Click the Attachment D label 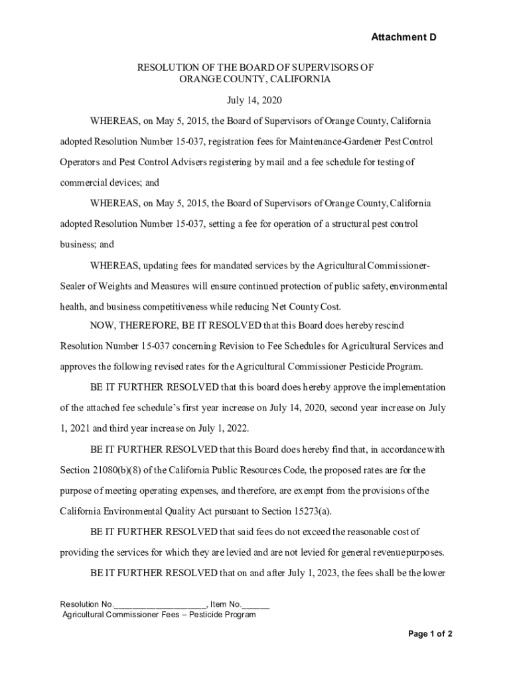tap(403, 37)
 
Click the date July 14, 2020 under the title tap(256, 101)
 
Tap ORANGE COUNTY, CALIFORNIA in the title tap(256, 79)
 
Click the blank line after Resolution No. tap(161, 604)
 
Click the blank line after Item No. tap(257, 604)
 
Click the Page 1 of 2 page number tap(430, 634)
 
